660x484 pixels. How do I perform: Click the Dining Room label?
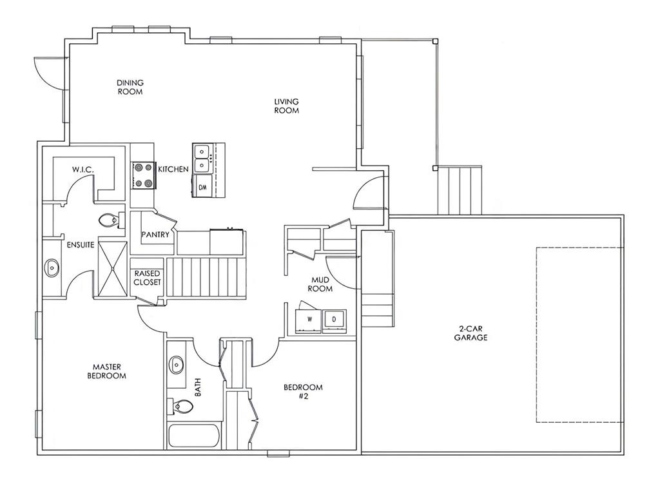(x=130, y=87)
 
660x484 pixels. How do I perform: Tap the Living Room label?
(x=287, y=106)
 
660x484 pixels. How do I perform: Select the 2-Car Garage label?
(x=471, y=333)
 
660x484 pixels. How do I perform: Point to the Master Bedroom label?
(x=107, y=371)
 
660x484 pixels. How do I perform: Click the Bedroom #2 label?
(x=303, y=391)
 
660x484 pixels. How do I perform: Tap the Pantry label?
(x=155, y=235)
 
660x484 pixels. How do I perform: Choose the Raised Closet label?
(x=148, y=278)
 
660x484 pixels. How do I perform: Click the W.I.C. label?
(x=82, y=169)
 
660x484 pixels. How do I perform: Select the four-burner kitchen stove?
(x=143, y=175)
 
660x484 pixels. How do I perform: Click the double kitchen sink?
(x=202, y=159)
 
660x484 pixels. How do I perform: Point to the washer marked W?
(x=309, y=320)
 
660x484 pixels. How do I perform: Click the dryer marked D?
(x=335, y=320)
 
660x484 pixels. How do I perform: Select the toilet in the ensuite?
(x=112, y=220)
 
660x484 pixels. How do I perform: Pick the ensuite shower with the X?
(x=112, y=269)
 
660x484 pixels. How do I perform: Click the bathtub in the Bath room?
(x=194, y=436)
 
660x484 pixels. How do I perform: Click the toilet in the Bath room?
(x=181, y=406)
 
